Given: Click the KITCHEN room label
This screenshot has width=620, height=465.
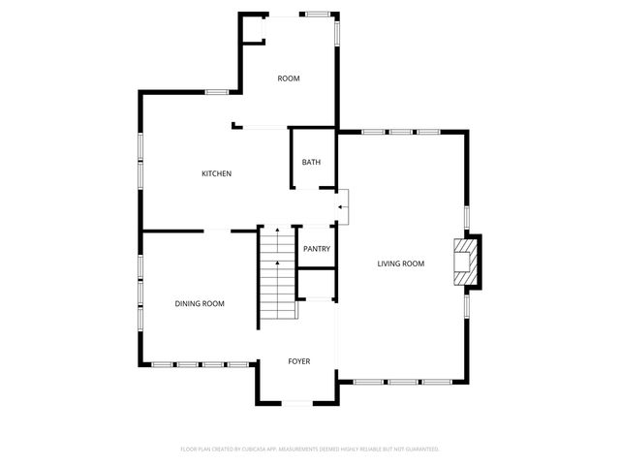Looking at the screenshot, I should (216, 174).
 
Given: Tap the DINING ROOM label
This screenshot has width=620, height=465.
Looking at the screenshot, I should (200, 304).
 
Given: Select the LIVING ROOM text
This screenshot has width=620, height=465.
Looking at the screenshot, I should (401, 263).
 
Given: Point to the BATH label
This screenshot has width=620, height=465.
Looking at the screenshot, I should (311, 163).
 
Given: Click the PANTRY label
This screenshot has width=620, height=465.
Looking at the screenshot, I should (317, 249).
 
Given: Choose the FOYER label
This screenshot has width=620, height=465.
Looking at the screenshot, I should (299, 361).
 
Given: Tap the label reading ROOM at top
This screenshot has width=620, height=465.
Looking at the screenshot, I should (289, 78).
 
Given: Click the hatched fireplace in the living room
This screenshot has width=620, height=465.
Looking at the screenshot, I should (466, 263).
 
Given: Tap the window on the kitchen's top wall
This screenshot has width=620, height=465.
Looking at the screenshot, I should (216, 92).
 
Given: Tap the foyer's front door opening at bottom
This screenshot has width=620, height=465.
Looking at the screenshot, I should (297, 403).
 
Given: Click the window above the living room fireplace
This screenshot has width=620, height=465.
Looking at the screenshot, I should (467, 215).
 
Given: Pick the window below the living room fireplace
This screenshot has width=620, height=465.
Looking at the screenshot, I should (467, 307).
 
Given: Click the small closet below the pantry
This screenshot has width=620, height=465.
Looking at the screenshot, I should (316, 284).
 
